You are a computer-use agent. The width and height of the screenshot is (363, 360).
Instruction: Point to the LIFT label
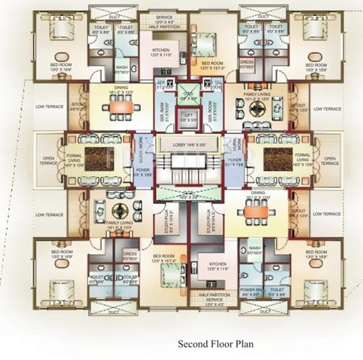[x=188, y=116]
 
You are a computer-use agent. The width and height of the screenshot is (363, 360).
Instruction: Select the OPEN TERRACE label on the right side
[x=331, y=160]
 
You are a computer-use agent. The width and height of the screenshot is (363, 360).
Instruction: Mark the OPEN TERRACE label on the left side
[x=49, y=160]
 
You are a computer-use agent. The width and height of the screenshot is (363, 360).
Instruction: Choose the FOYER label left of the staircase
[x=142, y=172]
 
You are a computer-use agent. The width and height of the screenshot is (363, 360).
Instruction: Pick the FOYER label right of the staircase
[x=234, y=162]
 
